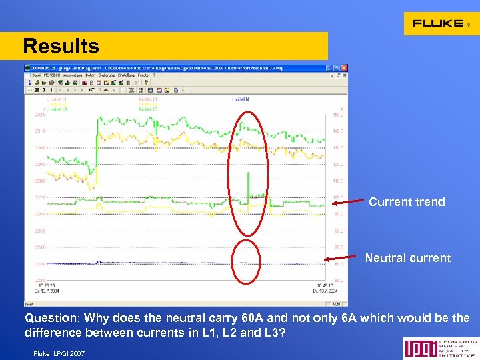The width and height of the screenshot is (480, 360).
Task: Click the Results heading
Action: [x=61, y=47]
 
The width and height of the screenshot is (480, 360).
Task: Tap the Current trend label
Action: [x=407, y=202]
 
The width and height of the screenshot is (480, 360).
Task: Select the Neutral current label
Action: [x=407, y=258]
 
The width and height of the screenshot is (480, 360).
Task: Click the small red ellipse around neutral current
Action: [x=247, y=262]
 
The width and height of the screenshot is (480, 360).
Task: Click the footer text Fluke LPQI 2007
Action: [x=59, y=353]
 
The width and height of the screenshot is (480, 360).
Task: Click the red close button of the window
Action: [x=345, y=68]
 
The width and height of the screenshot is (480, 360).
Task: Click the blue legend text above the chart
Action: [x=240, y=99]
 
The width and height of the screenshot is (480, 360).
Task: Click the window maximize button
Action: [x=337, y=68]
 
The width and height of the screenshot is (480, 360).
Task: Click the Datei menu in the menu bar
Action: [x=36, y=75]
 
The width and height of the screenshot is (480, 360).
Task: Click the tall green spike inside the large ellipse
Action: [x=248, y=187]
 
